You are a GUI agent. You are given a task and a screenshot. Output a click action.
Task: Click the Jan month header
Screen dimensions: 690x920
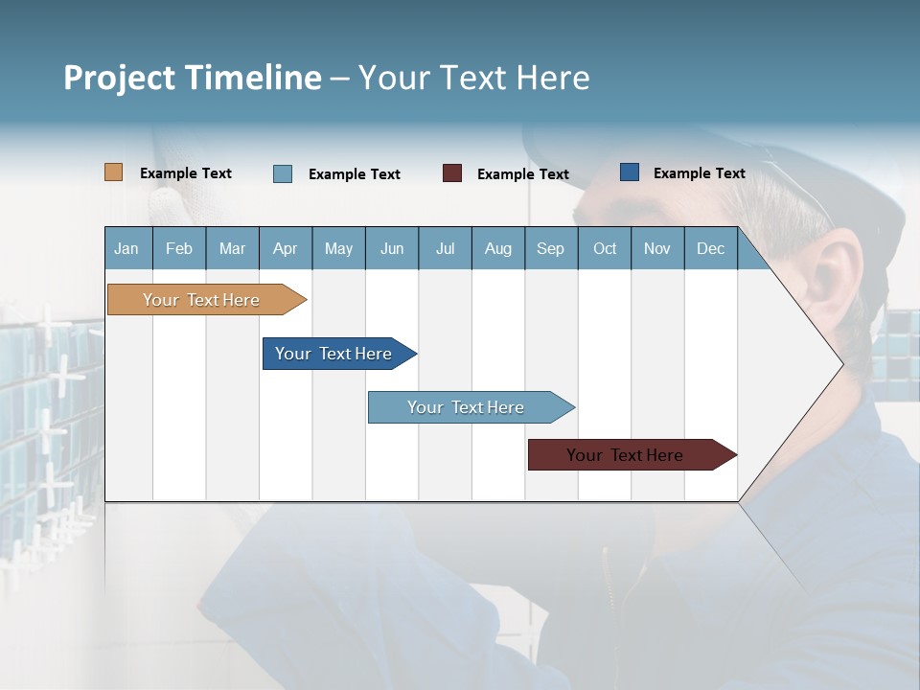coord(127,248)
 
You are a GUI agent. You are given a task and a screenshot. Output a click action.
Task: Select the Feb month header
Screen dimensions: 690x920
coord(179,248)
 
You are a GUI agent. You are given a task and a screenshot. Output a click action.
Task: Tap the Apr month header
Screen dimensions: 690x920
coord(286,248)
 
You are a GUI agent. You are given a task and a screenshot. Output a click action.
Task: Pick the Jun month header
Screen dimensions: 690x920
coord(392,248)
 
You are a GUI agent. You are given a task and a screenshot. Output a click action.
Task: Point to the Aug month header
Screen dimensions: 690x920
coord(498,248)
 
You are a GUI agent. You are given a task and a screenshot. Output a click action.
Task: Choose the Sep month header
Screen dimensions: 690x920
coord(550,248)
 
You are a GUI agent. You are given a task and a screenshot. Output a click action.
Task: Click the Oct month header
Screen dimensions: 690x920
coord(605,248)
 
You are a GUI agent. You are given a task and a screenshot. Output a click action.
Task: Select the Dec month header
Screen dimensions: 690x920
coord(710,248)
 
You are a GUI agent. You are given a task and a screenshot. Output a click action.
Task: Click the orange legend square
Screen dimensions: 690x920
coord(114,172)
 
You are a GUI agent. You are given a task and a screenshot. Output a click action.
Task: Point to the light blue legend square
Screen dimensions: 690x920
coord(283,173)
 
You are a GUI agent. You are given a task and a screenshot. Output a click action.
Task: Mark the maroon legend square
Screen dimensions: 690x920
coord(452,173)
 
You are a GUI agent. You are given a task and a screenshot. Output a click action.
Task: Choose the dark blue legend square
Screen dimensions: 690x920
coord(630,172)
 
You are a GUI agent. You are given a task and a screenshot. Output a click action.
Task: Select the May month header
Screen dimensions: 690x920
coord(338,248)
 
